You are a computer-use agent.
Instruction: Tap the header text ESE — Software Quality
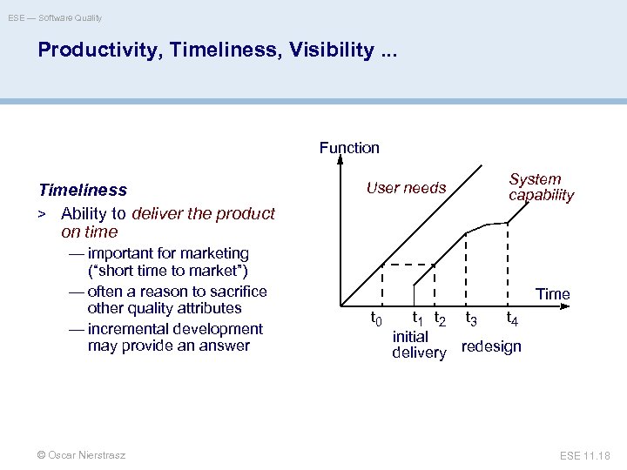[55, 17]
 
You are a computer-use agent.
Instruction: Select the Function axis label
[349, 148]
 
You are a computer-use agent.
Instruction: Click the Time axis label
[553, 294]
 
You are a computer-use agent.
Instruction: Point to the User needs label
[406, 187]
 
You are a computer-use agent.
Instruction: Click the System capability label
[541, 187]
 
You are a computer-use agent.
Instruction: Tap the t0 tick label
[376, 320]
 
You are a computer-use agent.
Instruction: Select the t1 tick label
[418, 319]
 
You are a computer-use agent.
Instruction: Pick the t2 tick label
[441, 320]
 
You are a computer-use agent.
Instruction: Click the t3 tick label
[471, 319]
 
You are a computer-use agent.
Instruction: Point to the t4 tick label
[514, 320]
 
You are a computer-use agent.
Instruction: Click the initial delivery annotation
[418, 345]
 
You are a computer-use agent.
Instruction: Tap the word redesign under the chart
[491, 346]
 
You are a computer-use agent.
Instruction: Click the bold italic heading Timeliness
[83, 190]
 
